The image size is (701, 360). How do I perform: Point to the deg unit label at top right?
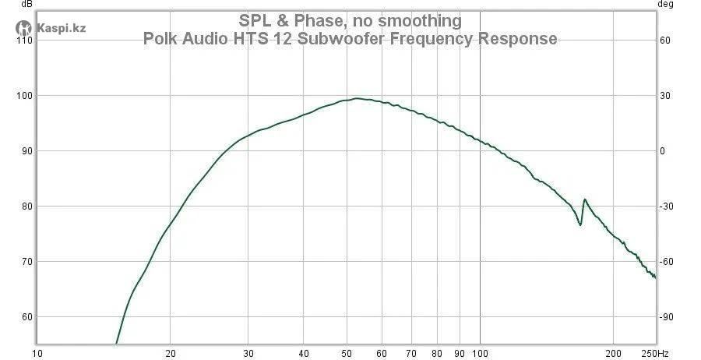[x=665, y=4]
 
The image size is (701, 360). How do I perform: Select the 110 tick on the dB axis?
[x=23, y=41]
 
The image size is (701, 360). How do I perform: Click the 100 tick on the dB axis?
[x=23, y=96]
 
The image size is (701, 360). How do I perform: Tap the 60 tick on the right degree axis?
[x=665, y=41]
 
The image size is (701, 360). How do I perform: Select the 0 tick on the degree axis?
[x=663, y=151]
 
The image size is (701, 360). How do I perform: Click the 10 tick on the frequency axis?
[x=37, y=352]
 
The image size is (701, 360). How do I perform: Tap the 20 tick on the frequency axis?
[x=171, y=352]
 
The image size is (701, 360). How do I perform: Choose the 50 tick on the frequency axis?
[x=347, y=352]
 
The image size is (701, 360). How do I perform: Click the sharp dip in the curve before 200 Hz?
[x=579, y=224]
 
